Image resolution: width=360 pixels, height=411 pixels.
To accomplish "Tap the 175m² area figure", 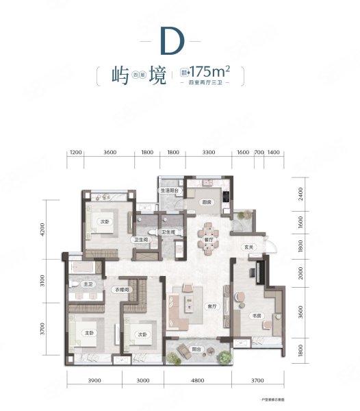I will coord(209,71).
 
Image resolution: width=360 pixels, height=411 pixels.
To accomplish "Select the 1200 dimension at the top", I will coord(76,153).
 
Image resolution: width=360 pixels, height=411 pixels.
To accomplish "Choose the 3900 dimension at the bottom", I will coord(94,380).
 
